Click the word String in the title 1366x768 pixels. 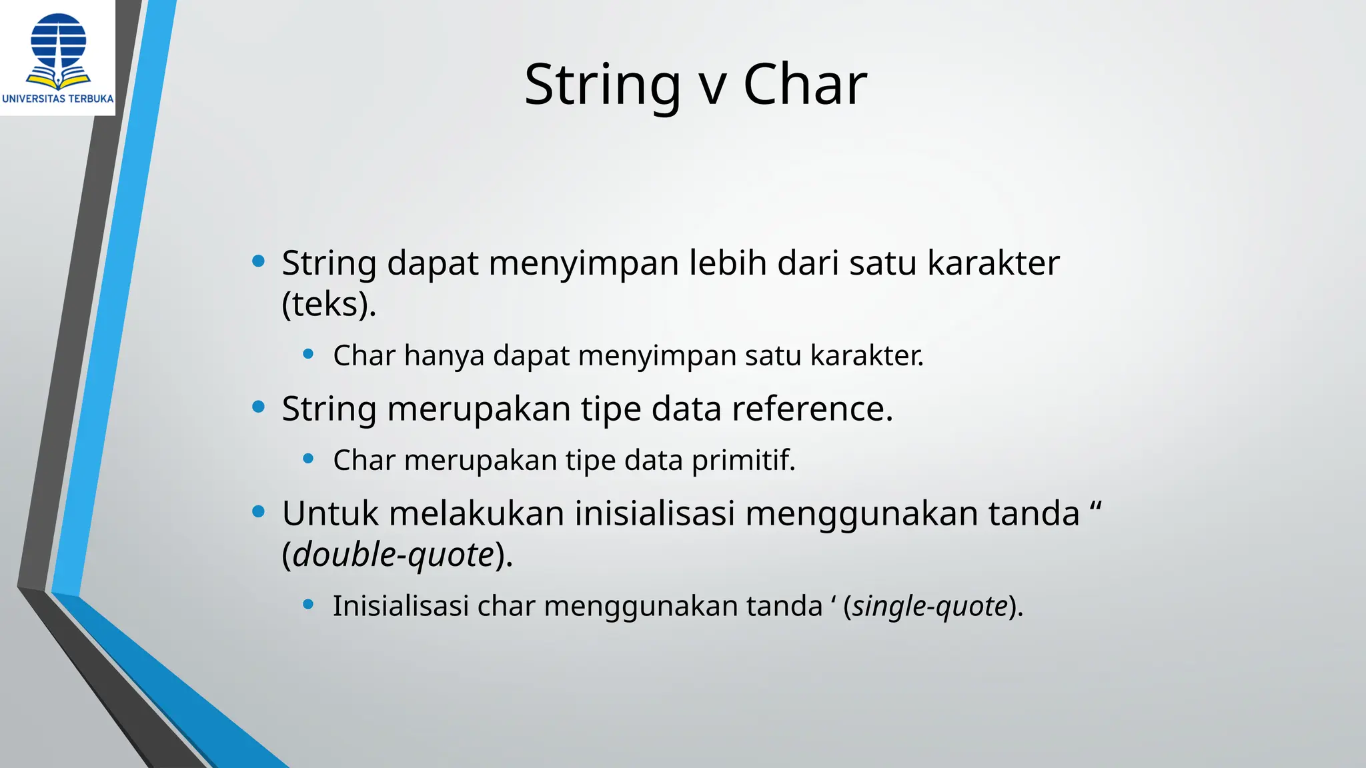click(602, 85)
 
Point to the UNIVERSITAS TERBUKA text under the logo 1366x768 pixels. click(58, 99)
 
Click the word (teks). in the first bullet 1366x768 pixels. click(329, 305)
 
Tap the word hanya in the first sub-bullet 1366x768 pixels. click(444, 355)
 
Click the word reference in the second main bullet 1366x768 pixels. click(812, 409)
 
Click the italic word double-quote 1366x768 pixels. click(394, 554)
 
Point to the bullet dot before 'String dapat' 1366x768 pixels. click(259, 261)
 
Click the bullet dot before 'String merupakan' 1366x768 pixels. click(259, 407)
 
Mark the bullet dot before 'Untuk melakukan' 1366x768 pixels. click(259, 512)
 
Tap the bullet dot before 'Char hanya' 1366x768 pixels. click(308, 354)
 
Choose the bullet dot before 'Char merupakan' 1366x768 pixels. click(308, 459)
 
